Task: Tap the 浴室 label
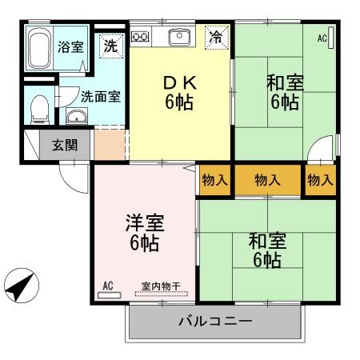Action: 70,46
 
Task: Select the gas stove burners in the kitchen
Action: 141,36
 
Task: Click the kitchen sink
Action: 178,36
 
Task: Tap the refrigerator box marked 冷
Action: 216,36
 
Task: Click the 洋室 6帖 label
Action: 144,232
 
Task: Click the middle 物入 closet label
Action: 267,180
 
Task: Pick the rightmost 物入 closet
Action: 320,180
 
